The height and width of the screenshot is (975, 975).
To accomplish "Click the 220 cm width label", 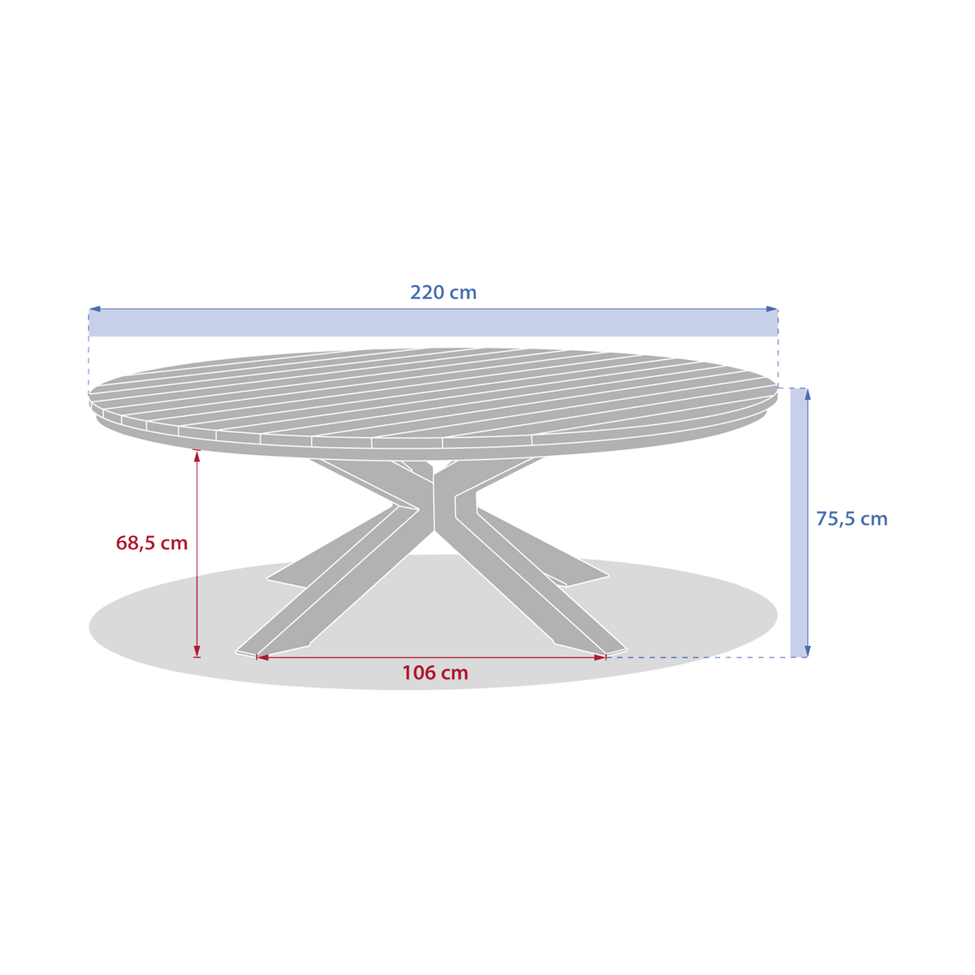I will [x=443, y=292].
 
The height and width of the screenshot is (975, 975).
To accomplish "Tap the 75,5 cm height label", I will [x=851, y=519].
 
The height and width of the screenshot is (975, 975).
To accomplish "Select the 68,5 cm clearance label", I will [x=152, y=543].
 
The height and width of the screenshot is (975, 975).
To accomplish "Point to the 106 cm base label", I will [x=435, y=673].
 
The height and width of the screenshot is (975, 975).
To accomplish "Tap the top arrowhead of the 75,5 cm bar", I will [x=808, y=393].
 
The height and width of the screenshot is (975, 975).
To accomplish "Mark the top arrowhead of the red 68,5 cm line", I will [x=197, y=456].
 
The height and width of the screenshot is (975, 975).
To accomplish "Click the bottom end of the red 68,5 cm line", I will [x=197, y=654].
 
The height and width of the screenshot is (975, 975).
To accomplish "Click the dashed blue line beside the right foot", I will [x=699, y=657].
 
